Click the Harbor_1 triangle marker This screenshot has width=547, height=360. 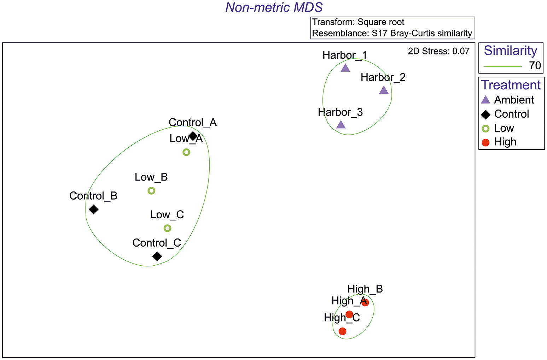[x=345, y=68]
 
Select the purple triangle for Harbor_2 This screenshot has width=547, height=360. [x=384, y=90]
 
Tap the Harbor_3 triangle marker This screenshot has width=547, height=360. [x=341, y=125]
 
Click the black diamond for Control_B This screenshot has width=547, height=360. [x=93, y=209]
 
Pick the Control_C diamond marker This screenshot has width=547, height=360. [x=157, y=256]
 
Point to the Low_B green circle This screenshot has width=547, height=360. [x=151, y=191]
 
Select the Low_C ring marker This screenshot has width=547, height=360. [x=168, y=228]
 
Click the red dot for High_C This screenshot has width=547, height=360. [x=342, y=331]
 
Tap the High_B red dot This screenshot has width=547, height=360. [x=365, y=302]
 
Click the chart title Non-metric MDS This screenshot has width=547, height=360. [x=274, y=7]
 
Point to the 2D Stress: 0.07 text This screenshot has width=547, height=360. [x=438, y=51]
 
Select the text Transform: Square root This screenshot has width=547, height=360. [x=358, y=22]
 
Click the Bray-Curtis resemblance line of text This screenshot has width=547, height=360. [x=392, y=33]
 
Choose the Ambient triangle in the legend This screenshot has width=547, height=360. [x=486, y=100]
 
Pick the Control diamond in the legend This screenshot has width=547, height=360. [x=486, y=114]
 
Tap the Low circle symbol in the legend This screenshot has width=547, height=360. [x=486, y=128]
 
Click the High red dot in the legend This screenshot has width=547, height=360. [x=486, y=142]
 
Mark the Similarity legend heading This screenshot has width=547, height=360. [x=510, y=51]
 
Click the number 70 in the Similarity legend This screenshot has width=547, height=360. [x=535, y=65]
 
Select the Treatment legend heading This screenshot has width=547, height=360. [x=511, y=85]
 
